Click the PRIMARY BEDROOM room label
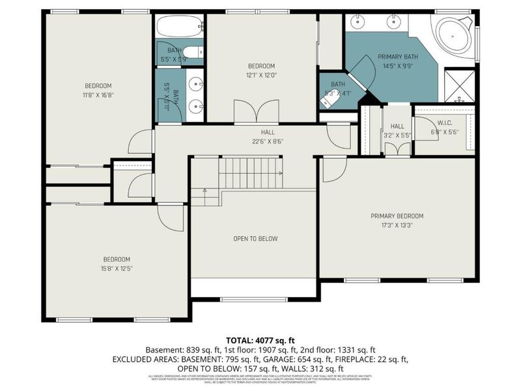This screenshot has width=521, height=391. coord(397,216)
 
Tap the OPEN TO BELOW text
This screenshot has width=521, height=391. coord(255,239)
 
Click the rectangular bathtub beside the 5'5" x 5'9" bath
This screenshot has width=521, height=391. coord(179,27)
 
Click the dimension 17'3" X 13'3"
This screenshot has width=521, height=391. coord(397,225)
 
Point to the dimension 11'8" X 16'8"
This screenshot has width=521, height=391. coord(98,95)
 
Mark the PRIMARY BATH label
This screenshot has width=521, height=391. coord(398,57)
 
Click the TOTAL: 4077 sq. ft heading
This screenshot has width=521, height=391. coord(260,340)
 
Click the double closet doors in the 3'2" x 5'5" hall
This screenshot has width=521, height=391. coord(397,148)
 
